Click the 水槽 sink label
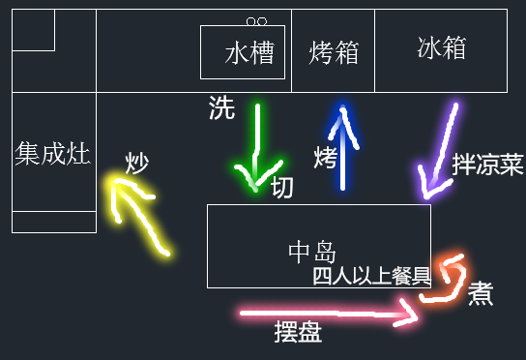(248, 53)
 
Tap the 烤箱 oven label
(334, 53)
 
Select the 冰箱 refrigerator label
(442, 47)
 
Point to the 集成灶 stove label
(53, 153)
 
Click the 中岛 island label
(312, 253)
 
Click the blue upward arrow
(340, 145)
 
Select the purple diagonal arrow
(438, 150)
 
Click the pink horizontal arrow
(329, 314)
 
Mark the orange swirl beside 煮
(448, 280)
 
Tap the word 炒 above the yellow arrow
(136, 163)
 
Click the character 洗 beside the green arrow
(221, 109)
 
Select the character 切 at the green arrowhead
(281, 187)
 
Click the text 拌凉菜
(487, 164)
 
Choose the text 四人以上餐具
(371, 276)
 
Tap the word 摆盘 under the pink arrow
(298, 334)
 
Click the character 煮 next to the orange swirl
(481, 293)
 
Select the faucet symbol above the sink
(256, 20)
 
